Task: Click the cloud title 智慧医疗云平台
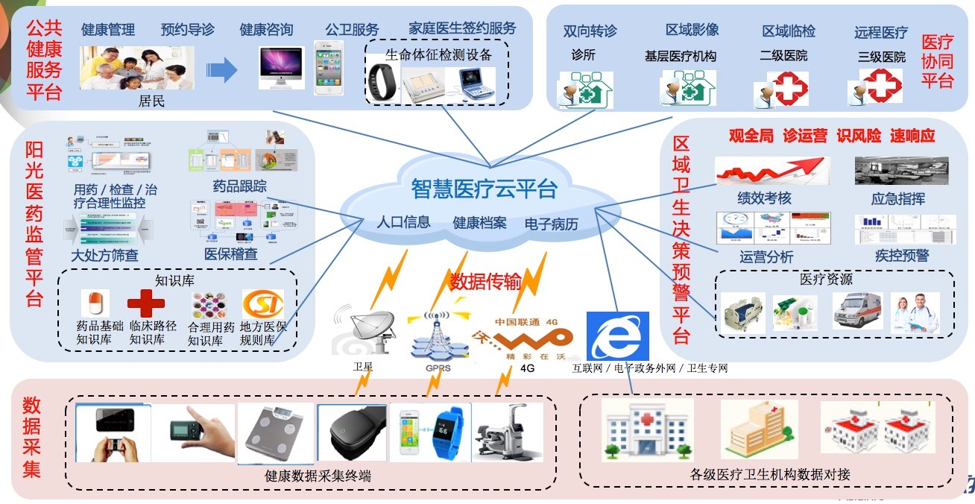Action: pyautogui.click(x=484, y=189)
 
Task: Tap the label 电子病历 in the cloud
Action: pyautogui.click(x=551, y=224)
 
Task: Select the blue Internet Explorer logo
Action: pyautogui.click(x=616, y=336)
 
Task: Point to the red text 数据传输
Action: pyautogui.click(x=485, y=281)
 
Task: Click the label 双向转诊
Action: pyautogui.click(x=590, y=31)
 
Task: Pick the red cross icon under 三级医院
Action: pyautogui.click(x=882, y=86)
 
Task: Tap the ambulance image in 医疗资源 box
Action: pyautogui.click(x=856, y=310)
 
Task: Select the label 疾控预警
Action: pyautogui.click(x=901, y=256)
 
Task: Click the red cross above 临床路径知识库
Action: pyautogui.click(x=145, y=304)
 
